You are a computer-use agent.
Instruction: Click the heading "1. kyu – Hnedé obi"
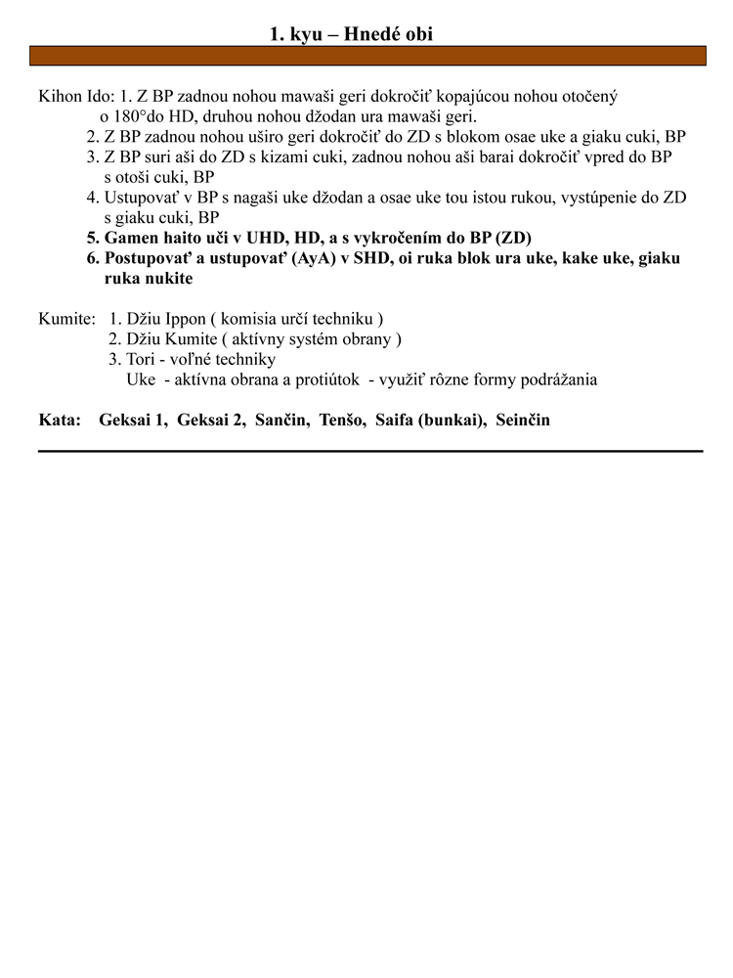point(351,34)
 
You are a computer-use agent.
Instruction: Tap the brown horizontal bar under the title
point(366,56)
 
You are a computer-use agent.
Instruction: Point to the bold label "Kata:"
point(59,420)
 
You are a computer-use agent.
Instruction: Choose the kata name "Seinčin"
point(523,420)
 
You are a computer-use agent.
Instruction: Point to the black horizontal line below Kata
point(369,451)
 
